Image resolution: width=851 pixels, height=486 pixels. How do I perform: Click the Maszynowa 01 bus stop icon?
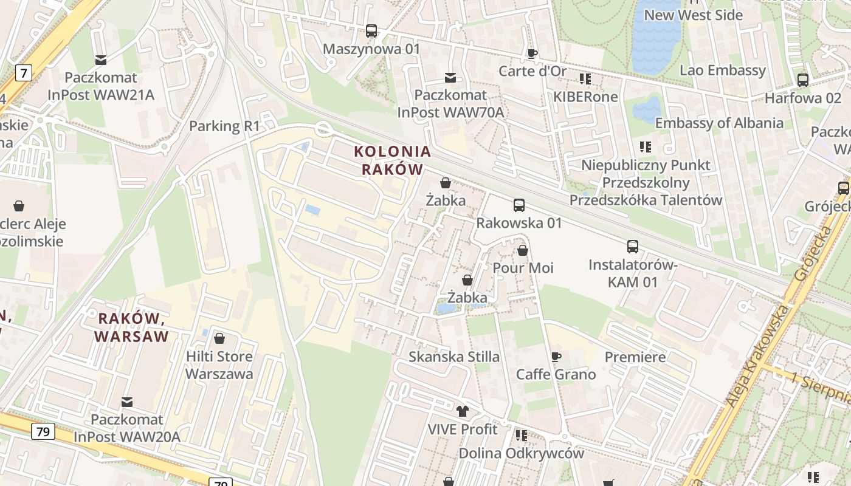tap(371, 30)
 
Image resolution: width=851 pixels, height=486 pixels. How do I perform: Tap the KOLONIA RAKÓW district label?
tap(392, 160)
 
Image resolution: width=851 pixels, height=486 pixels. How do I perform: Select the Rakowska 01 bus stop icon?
tap(519, 205)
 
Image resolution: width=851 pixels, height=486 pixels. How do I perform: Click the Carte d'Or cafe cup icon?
tap(532, 53)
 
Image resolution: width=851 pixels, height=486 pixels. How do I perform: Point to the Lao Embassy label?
tap(722, 70)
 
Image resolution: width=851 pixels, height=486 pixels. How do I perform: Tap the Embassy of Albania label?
tap(718, 123)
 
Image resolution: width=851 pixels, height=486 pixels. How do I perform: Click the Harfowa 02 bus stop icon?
tap(802, 80)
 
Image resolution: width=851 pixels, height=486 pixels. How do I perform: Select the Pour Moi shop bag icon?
tap(523, 250)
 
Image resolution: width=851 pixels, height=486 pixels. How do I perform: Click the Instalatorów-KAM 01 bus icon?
tap(633, 247)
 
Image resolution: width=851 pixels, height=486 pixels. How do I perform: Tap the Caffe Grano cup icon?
tap(556, 357)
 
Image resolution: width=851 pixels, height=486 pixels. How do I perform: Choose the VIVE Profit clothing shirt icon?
tap(462, 411)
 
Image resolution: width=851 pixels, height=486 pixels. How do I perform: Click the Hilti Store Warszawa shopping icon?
tap(219, 338)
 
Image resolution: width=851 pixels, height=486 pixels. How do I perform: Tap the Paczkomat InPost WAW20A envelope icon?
tap(126, 402)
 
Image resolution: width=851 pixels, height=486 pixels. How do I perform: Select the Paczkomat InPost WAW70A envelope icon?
tap(450, 78)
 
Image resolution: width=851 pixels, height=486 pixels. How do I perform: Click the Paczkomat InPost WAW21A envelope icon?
tap(100, 60)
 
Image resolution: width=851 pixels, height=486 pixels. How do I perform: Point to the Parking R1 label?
tap(224, 126)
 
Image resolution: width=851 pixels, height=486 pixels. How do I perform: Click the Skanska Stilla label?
tap(453, 357)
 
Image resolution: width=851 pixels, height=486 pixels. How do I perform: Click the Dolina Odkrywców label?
tap(521, 453)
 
